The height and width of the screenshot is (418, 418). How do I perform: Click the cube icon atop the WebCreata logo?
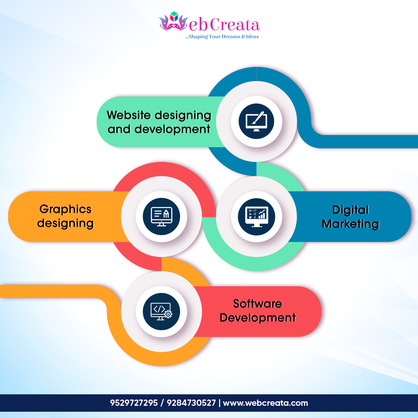(174, 17)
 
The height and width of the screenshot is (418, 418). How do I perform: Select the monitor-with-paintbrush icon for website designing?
(256, 122)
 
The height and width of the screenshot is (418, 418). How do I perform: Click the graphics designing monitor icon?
(161, 216)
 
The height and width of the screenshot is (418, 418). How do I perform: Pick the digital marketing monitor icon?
(256, 216)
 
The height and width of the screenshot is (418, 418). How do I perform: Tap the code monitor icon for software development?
(161, 311)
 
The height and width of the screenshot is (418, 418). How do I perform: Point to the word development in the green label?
(172, 130)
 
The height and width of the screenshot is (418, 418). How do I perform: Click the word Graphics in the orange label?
(65, 209)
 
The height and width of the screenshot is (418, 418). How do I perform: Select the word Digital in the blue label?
(350, 210)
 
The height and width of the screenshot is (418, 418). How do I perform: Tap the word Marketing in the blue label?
(350, 224)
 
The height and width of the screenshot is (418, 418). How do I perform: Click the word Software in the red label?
(258, 303)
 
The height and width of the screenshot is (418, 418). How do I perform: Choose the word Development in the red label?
(258, 318)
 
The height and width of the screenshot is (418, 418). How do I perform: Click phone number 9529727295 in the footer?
(134, 403)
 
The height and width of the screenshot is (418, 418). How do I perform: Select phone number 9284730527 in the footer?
(191, 403)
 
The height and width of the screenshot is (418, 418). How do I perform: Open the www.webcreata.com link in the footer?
(265, 403)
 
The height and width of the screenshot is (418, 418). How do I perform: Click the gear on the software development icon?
(168, 314)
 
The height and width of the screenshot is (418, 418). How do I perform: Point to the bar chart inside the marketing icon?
(262, 215)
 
